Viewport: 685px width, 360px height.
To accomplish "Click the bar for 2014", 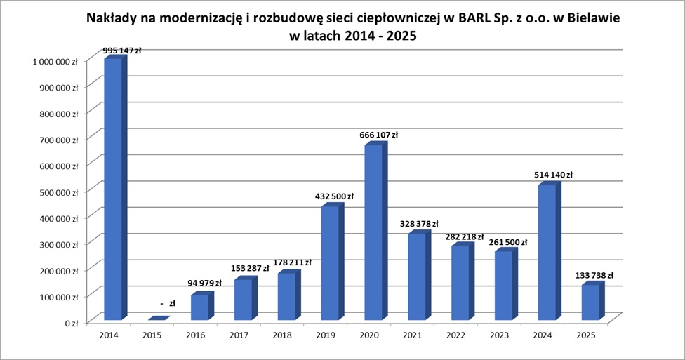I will (113, 189).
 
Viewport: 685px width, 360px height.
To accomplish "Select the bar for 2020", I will (373, 232).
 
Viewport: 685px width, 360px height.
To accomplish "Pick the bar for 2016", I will (200, 307).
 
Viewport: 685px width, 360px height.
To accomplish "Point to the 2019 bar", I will (330, 262).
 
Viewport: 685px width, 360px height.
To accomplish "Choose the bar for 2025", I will (590, 302).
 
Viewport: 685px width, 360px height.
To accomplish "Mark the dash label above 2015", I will (167, 303).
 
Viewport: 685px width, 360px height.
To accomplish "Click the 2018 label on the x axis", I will (282, 336).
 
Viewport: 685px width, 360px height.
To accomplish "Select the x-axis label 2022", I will (455, 336).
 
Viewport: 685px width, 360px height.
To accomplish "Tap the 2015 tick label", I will (152, 336).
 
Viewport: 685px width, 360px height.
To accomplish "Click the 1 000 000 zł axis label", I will (51, 62).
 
